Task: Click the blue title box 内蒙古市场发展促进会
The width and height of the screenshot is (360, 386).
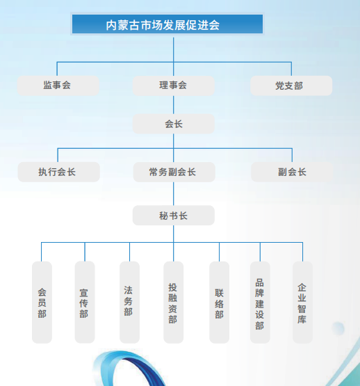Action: [x=167, y=24]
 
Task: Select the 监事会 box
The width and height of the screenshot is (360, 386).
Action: [x=58, y=86]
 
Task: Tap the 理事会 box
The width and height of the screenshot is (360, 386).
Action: [x=174, y=86]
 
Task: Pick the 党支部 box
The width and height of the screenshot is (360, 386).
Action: [x=291, y=86]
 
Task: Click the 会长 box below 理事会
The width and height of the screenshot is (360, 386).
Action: [x=174, y=124]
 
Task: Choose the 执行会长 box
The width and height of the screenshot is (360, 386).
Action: [x=59, y=172]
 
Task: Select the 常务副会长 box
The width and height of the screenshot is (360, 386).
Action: [x=174, y=172]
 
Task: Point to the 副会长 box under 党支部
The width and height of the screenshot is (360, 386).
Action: [x=292, y=172]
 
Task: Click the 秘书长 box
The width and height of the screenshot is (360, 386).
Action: [x=174, y=215]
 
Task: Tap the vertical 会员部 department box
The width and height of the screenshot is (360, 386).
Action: [x=42, y=303]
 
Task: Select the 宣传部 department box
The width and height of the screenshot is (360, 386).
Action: [x=85, y=303]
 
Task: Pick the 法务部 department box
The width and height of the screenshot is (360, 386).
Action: [x=129, y=303]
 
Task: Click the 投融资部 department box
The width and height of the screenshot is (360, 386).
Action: [x=174, y=303]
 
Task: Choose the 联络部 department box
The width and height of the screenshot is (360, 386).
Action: [x=219, y=303]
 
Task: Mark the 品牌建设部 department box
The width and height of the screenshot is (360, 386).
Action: [x=260, y=303]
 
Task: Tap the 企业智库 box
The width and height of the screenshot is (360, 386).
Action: [x=302, y=303]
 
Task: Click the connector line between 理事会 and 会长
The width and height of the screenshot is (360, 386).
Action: [x=174, y=104]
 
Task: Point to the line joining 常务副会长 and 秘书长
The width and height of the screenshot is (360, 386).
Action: [x=174, y=194]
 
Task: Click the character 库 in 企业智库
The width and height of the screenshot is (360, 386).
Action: [x=302, y=319]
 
